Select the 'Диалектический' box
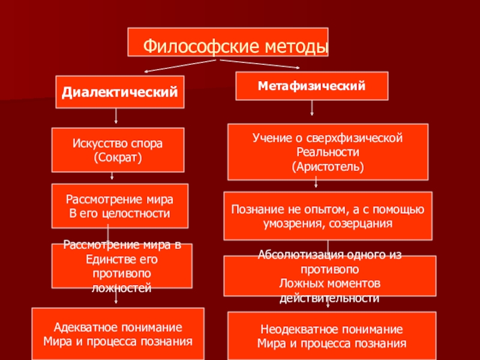[120, 92]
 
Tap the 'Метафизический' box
[311, 86]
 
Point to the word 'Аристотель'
[328, 164]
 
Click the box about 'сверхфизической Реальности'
[328, 152]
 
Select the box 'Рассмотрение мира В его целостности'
[120, 206]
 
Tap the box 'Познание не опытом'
[328, 215]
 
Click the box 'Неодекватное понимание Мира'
[331, 337]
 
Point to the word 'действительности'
[328, 298]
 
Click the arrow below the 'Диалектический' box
[116, 118]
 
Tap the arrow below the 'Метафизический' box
[311, 107]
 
